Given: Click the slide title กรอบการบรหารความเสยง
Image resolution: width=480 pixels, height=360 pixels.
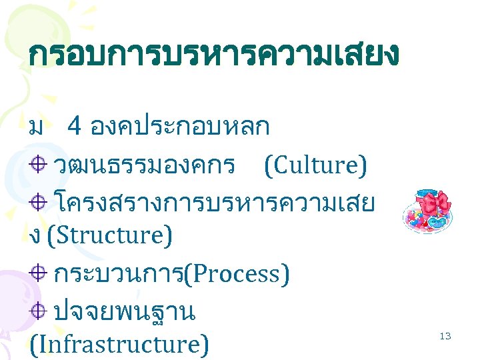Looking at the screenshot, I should pyautogui.click(x=213, y=55).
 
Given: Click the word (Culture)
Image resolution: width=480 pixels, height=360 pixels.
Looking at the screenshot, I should pyautogui.click(x=315, y=166).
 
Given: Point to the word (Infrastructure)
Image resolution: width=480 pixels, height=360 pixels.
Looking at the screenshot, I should pyautogui.click(x=119, y=343).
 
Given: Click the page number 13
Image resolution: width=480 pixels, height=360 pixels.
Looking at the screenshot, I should pyautogui.click(x=445, y=336).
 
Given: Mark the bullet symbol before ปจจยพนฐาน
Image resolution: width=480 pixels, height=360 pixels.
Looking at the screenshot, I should pyautogui.click(x=39, y=309).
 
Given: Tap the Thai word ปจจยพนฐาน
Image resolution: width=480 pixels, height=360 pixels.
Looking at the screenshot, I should pyautogui.click(x=124, y=311).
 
